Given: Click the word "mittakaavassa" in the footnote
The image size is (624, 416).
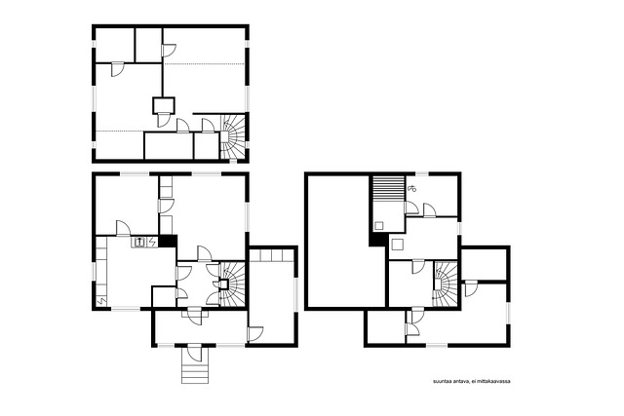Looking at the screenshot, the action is [494, 381].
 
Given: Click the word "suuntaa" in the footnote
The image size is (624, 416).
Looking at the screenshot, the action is [442, 381].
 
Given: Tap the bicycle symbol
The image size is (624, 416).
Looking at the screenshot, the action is [411, 188].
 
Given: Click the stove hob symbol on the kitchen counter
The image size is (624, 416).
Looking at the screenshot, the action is [138, 242].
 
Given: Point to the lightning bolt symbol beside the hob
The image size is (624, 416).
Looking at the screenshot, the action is [152, 242].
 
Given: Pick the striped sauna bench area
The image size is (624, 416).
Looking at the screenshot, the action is [388, 189].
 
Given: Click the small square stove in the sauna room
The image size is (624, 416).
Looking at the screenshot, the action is [379, 226].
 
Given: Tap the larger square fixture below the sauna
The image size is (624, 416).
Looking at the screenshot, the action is [397, 245].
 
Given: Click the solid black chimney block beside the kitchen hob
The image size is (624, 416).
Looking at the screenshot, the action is [168, 241].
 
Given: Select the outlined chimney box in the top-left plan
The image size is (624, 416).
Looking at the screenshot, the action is [164, 105].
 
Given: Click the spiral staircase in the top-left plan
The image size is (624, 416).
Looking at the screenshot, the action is [233, 136].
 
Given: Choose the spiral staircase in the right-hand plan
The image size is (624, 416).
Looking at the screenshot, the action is [445, 284].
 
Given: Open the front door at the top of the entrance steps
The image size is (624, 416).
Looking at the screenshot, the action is [195, 352].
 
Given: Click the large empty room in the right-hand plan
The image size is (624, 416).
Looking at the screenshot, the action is [338, 242].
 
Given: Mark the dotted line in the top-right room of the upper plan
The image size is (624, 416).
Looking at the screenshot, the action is [204, 64].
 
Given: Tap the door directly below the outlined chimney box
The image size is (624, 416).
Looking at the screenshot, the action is [164, 120].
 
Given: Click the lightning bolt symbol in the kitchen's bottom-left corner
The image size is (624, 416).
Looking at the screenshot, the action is [101, 301].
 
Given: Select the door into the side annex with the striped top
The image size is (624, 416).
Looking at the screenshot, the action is [255, 334].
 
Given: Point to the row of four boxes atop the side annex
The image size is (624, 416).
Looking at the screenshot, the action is [271, 255].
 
